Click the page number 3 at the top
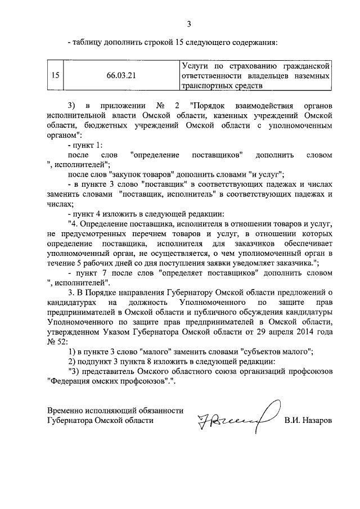pyautogui.click(x=189, y=24)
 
